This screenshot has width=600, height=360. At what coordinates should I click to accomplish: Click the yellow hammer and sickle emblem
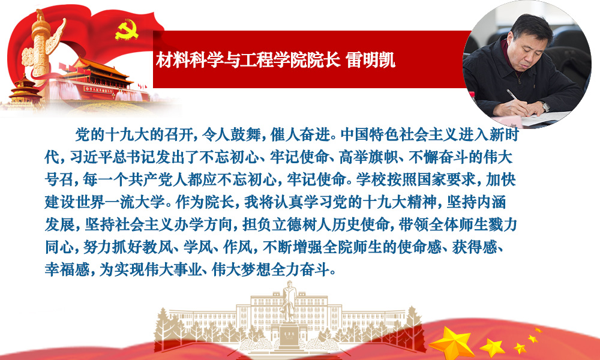tap(127, 29)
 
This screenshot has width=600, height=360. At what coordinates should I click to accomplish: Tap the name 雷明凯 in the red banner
tap(370, 60)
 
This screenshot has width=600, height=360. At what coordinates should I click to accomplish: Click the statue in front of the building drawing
tap(289, 302)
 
